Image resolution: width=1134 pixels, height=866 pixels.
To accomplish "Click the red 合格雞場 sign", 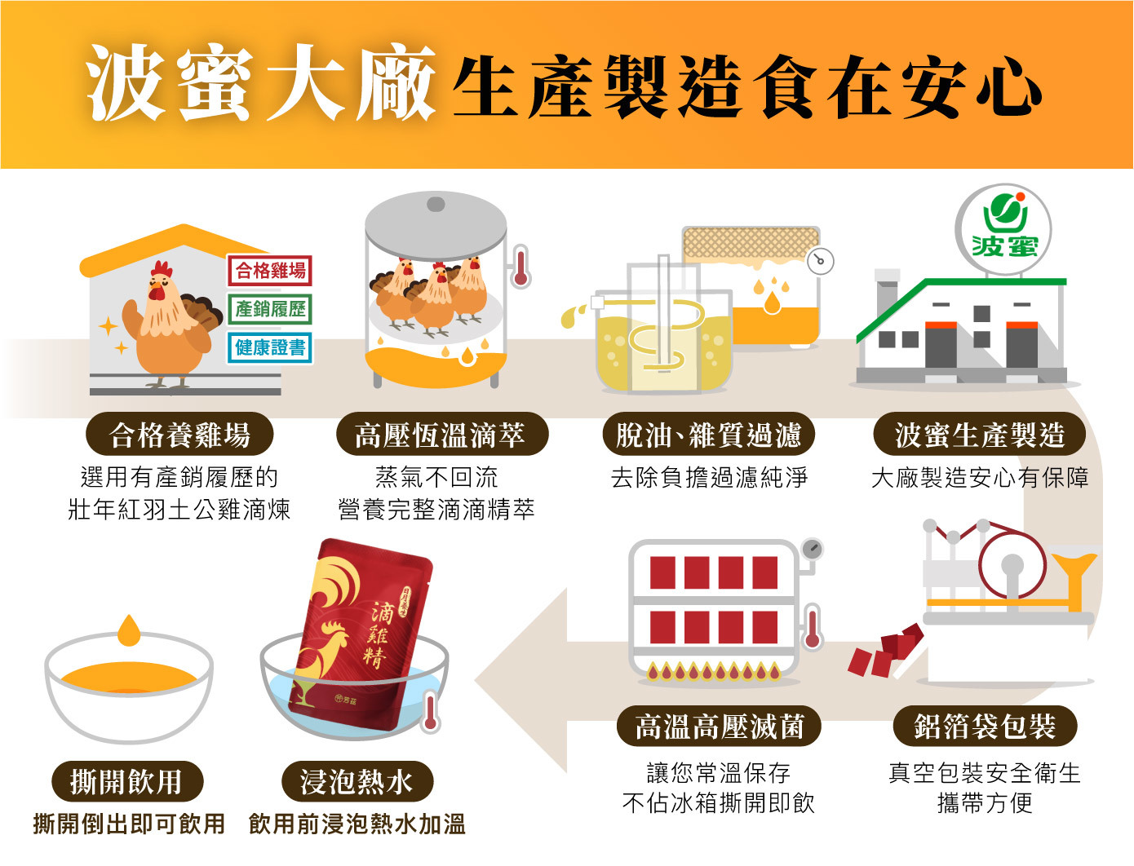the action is coord(270,271).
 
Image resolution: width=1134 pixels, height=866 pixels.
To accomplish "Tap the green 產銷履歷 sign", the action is coord(270,309).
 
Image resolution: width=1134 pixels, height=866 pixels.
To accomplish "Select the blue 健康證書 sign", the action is coord(270,347).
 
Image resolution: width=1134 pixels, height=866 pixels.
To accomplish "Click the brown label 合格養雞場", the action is coord(179,435).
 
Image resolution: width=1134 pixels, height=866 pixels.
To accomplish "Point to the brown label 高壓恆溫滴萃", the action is coord(441,435).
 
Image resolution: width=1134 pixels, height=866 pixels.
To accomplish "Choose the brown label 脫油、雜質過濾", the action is coord(708,435).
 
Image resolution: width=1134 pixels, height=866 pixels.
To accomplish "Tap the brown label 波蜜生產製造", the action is coord(979,435).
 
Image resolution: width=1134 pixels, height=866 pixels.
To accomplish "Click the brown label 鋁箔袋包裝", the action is coord(985,726).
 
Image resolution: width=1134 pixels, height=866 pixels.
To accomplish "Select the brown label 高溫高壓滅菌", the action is coord(719,726).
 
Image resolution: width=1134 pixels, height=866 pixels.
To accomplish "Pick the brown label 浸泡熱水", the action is coord(357,781).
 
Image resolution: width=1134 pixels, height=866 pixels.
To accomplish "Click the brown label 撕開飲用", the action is coord(126,781).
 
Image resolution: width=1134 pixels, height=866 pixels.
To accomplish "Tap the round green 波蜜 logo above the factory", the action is coord(1003,229).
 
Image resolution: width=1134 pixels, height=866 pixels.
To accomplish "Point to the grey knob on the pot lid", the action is coord(436,204).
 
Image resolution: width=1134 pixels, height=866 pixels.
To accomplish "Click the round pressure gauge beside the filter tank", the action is coord(821,261).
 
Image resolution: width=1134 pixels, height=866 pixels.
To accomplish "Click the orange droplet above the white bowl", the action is coord(129,630).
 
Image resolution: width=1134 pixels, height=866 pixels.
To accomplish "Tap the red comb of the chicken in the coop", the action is coord(162,268).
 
